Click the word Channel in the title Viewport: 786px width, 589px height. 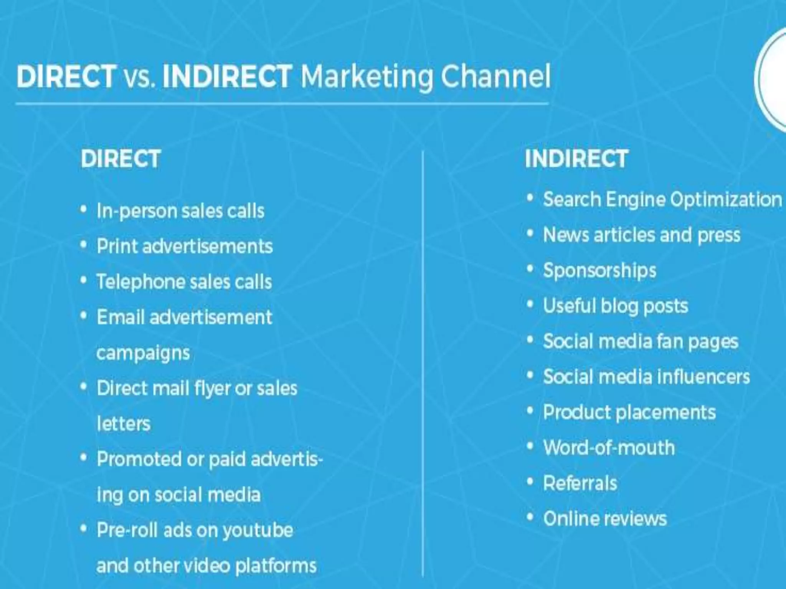click(x=495, y=76)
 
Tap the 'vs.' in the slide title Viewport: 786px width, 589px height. click(x=139, y=76)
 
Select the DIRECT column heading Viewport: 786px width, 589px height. click(x=121, y=159)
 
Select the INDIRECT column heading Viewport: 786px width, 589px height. click(x=576, y=159)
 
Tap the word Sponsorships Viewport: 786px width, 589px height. click(x=599, y=271)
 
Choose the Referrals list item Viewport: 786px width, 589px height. click(x=580, y=483)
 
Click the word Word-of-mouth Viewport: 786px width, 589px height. click(x=609, y=448)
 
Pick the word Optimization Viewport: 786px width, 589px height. click(x=726, y=200)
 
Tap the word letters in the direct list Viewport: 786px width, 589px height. click(x=124, y=424)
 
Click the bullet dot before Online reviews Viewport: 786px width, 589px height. click(x=530, y=518)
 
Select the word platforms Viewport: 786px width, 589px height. click(x=276, y=566)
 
